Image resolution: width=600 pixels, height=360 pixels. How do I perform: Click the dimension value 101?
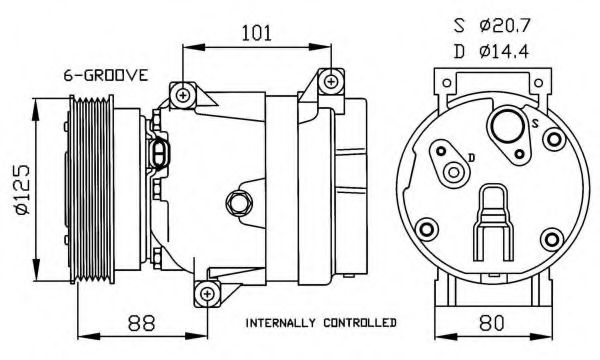pos(256,33)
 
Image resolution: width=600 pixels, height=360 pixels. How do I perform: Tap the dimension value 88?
pos(142,323)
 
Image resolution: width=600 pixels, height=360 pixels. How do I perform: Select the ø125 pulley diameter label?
pos(22,191)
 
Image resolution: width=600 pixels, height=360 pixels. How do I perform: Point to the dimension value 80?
pos(491,323)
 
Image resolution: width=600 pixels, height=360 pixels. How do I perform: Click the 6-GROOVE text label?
pos(106,75)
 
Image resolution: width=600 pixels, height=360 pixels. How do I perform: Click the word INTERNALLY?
pos(280,323)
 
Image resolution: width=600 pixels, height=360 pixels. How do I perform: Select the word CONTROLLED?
pos(360,323)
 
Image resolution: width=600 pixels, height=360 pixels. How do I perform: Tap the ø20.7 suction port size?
pos(505,26)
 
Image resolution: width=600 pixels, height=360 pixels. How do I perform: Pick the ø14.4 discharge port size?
pos(504,51)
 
